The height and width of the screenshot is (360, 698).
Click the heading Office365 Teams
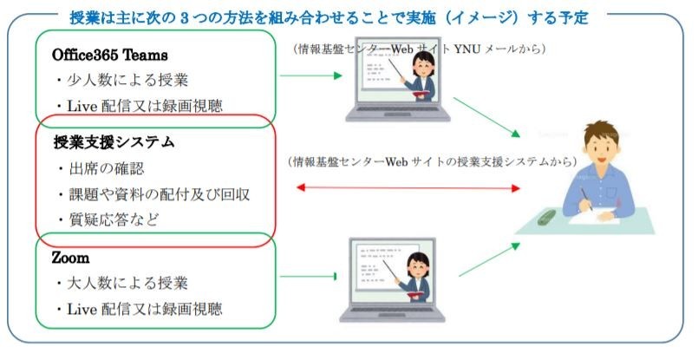109,55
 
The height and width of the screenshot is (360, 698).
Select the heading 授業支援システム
114,142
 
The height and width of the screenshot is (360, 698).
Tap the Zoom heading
70,258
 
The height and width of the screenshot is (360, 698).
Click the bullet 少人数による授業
122,80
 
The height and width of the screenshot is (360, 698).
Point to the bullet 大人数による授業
122,284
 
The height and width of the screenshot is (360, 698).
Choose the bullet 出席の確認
101,168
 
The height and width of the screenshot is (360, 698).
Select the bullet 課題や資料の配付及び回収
154,194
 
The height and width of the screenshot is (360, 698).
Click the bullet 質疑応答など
108,219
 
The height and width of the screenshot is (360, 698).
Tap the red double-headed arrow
408,188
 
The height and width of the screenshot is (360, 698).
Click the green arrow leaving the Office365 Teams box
310,75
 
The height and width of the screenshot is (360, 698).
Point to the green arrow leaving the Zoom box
308,277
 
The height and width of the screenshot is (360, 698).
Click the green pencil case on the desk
546,217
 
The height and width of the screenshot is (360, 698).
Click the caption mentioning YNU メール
419,49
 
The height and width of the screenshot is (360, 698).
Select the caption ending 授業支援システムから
432,161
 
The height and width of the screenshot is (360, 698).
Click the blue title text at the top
329,18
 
